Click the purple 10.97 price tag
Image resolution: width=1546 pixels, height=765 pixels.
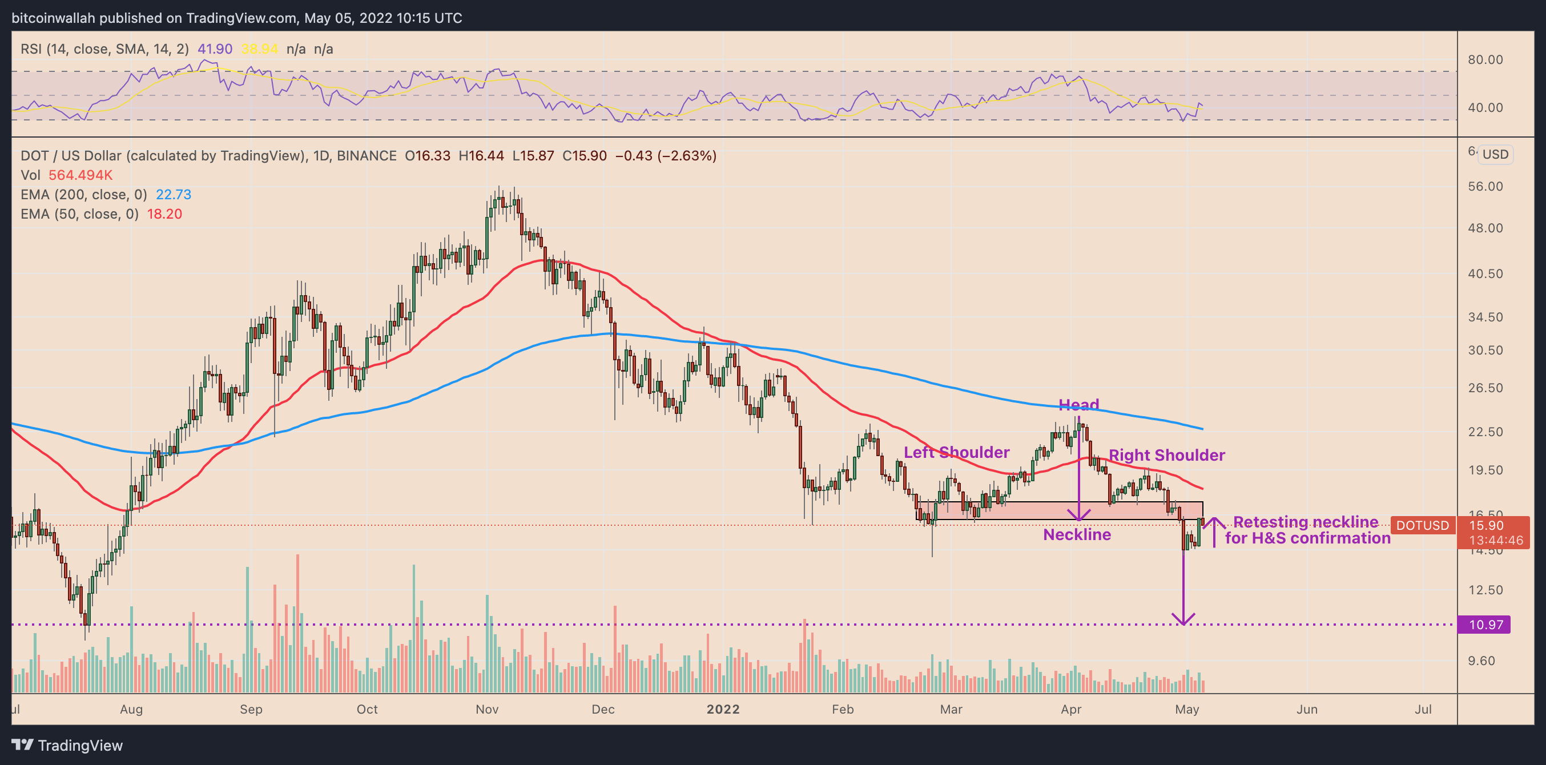(1485, 625)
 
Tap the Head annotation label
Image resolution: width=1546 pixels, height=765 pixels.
(1078, 405)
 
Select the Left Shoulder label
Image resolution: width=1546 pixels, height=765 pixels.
(956, 452)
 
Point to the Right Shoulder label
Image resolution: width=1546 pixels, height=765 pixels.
(1166, 456)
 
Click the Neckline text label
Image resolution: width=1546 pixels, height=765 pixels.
(1077, 534)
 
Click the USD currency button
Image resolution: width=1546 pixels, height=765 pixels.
(1495, 154)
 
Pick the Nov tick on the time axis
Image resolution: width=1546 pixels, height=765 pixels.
(487, 709)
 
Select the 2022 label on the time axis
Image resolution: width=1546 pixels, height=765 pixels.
(723, 709)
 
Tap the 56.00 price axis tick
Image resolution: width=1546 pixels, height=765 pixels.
(1485, 187)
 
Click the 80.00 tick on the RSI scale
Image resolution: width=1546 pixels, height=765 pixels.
(1485, 59)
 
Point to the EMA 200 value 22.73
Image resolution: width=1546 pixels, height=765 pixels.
(174, 195)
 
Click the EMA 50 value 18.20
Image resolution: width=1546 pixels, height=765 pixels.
(164, 214)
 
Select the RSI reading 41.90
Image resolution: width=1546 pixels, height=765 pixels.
(215, 49)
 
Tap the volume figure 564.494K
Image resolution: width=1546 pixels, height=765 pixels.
(80, 175)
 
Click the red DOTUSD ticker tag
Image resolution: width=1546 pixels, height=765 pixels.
(1422, 526)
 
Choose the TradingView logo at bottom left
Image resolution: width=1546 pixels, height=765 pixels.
(67, 745)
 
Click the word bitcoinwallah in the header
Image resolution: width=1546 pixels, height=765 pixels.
(54, 18)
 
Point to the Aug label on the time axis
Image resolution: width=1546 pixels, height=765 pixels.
(131, 709)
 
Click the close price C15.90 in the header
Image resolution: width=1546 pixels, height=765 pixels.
(584, 156)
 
